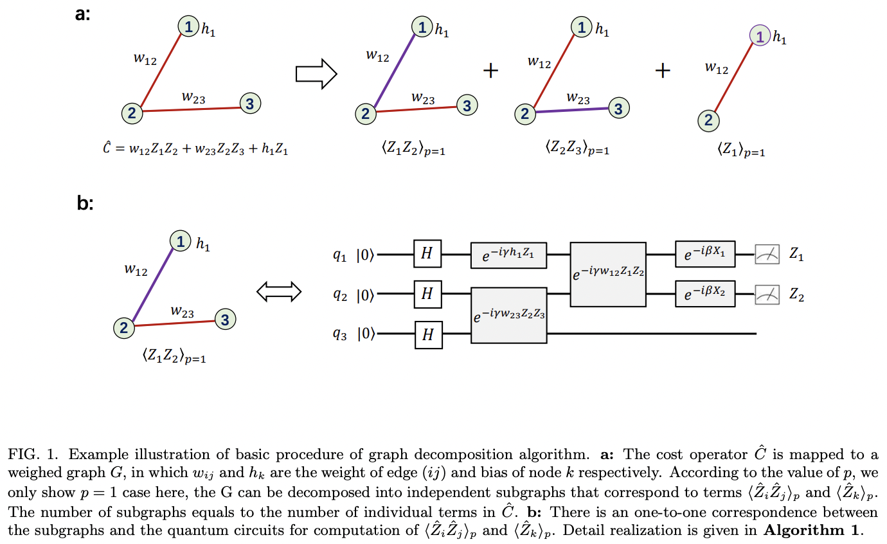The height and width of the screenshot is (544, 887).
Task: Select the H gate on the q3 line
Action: click(x=428, y=334)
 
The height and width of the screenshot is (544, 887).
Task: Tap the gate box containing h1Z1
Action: click(x=508, y=255)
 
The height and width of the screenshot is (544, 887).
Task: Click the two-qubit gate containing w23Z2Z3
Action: click(x=509, y=316)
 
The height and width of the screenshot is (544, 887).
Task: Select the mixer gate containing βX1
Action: click(x=704, y=255)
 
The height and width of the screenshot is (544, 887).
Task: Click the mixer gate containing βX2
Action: click(x=704, y=295)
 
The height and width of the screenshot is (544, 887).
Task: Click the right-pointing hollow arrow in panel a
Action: click(x=316, y=74)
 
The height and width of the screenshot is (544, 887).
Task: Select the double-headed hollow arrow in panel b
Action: click(x=279, y=292)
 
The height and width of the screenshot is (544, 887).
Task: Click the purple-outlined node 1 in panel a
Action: click(x=760, y=37)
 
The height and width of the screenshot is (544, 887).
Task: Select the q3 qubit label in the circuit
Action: click(x=340, y=334)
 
